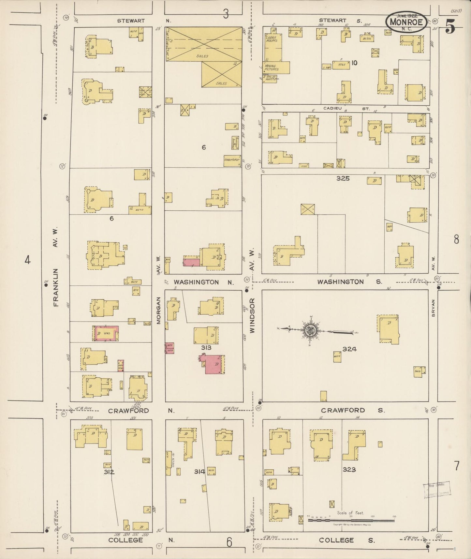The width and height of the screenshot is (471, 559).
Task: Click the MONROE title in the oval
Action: click(406, 23)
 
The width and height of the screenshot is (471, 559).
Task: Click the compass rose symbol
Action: click(309, 331)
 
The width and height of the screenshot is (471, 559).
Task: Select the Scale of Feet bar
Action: click(351, 521)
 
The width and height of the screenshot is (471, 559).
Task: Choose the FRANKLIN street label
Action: click(55, 287)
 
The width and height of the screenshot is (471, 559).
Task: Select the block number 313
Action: click(206, 348)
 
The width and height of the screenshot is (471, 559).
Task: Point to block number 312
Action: click(109, 472)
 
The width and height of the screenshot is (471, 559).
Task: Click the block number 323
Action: click(349, 470)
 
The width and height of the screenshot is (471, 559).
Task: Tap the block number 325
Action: click(343, 178)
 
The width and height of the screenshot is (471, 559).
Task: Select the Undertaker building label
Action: click(232, 160)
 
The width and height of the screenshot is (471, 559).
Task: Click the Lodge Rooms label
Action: click(271, 39)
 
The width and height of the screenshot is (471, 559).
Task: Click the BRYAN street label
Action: click(433, 308)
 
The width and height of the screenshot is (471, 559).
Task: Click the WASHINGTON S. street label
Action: click(349, 282)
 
